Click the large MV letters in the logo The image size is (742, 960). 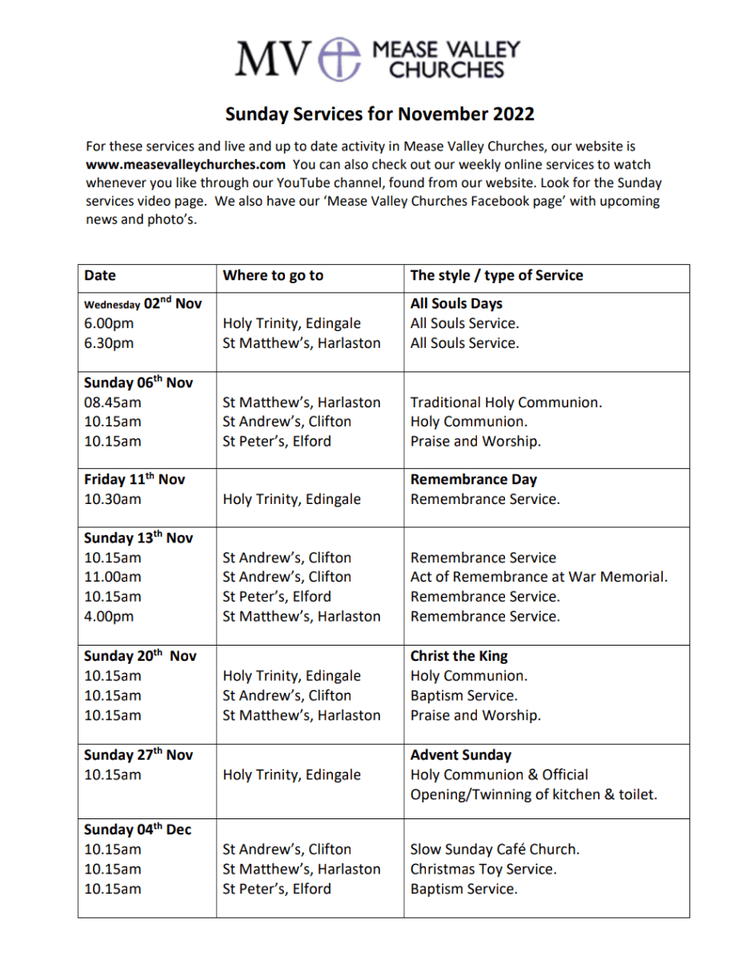point(272,59)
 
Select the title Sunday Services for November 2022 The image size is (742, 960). point(379,114)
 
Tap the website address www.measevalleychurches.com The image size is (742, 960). point(185,164)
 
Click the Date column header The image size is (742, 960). point(100,276)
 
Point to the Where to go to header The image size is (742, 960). point(273,276)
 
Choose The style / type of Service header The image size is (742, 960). point(496,276)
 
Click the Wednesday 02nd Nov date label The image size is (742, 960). point(143,304)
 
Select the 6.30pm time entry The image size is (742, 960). point(109,343)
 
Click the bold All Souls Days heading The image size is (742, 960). point(456,304)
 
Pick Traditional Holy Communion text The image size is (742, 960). point(506,402)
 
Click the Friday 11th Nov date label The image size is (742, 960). point(134,480)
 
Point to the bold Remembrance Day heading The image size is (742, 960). point(473,480)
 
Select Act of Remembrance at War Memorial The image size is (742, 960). point(539,577)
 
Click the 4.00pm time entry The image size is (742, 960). point(109,616)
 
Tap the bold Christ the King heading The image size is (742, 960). point(459,656)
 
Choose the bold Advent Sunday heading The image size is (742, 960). point(460,755)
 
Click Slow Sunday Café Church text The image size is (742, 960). point(495,850)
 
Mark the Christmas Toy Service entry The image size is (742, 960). point(483,869)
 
